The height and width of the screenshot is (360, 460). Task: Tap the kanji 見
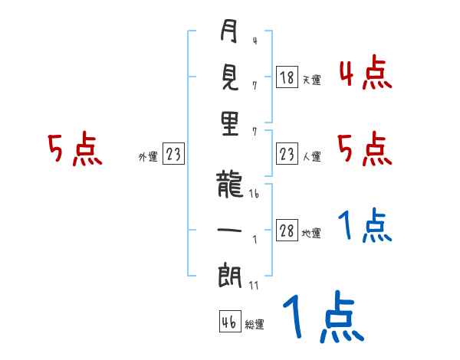tap(229, 77)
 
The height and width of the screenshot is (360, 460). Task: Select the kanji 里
tap(229, 125)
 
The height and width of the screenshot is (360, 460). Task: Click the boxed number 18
tap(287, 77)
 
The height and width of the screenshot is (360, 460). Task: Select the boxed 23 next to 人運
tap(287, 155)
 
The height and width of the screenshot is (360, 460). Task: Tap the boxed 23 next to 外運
tap(173, 155)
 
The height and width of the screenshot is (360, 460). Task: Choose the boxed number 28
tap(287, 231)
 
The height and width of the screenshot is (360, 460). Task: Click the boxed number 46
tap(228, 322)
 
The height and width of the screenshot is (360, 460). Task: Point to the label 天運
tap(311, 80)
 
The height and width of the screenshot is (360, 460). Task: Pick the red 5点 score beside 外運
tap(74, 149)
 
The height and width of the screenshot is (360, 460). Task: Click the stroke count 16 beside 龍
tap(254, 195)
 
